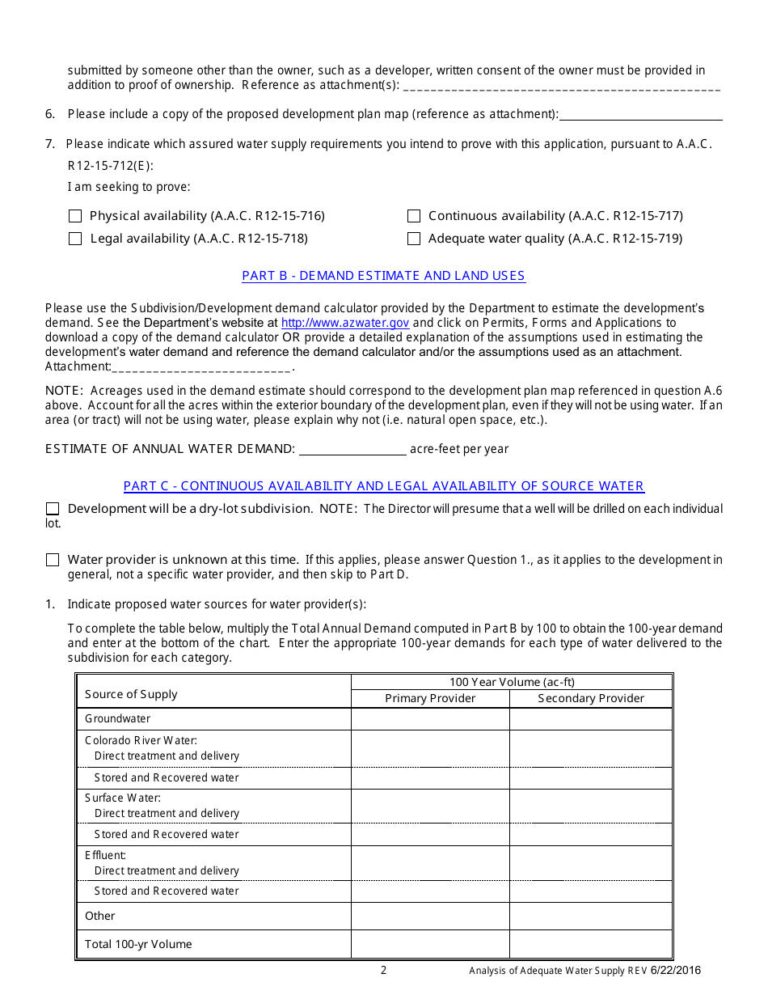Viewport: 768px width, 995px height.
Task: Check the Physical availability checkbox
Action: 75,216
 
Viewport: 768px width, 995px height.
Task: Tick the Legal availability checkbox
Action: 75,239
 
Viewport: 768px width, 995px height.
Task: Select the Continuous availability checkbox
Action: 414,216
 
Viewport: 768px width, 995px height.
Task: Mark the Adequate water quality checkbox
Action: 414,239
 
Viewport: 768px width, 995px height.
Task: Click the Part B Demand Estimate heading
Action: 383,276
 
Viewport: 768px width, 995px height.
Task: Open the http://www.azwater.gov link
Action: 345,323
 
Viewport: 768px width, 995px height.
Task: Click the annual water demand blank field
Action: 352,448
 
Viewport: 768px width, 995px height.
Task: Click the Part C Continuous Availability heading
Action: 383,486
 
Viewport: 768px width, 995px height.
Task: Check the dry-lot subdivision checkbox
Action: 53,509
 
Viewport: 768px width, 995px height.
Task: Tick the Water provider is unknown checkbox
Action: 53,560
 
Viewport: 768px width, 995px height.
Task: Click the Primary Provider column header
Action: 430,699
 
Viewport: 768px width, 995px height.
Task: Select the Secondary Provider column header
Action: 591,699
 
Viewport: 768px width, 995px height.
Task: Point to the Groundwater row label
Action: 118,718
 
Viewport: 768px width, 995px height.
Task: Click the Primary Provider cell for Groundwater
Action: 430,719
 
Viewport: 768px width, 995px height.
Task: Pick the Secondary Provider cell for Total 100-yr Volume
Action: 591,944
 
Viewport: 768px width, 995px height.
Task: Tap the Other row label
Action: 100,916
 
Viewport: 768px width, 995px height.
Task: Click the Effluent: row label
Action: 106,855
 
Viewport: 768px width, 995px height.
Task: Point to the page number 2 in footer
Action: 384,971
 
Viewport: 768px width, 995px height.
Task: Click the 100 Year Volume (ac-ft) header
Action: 512,682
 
